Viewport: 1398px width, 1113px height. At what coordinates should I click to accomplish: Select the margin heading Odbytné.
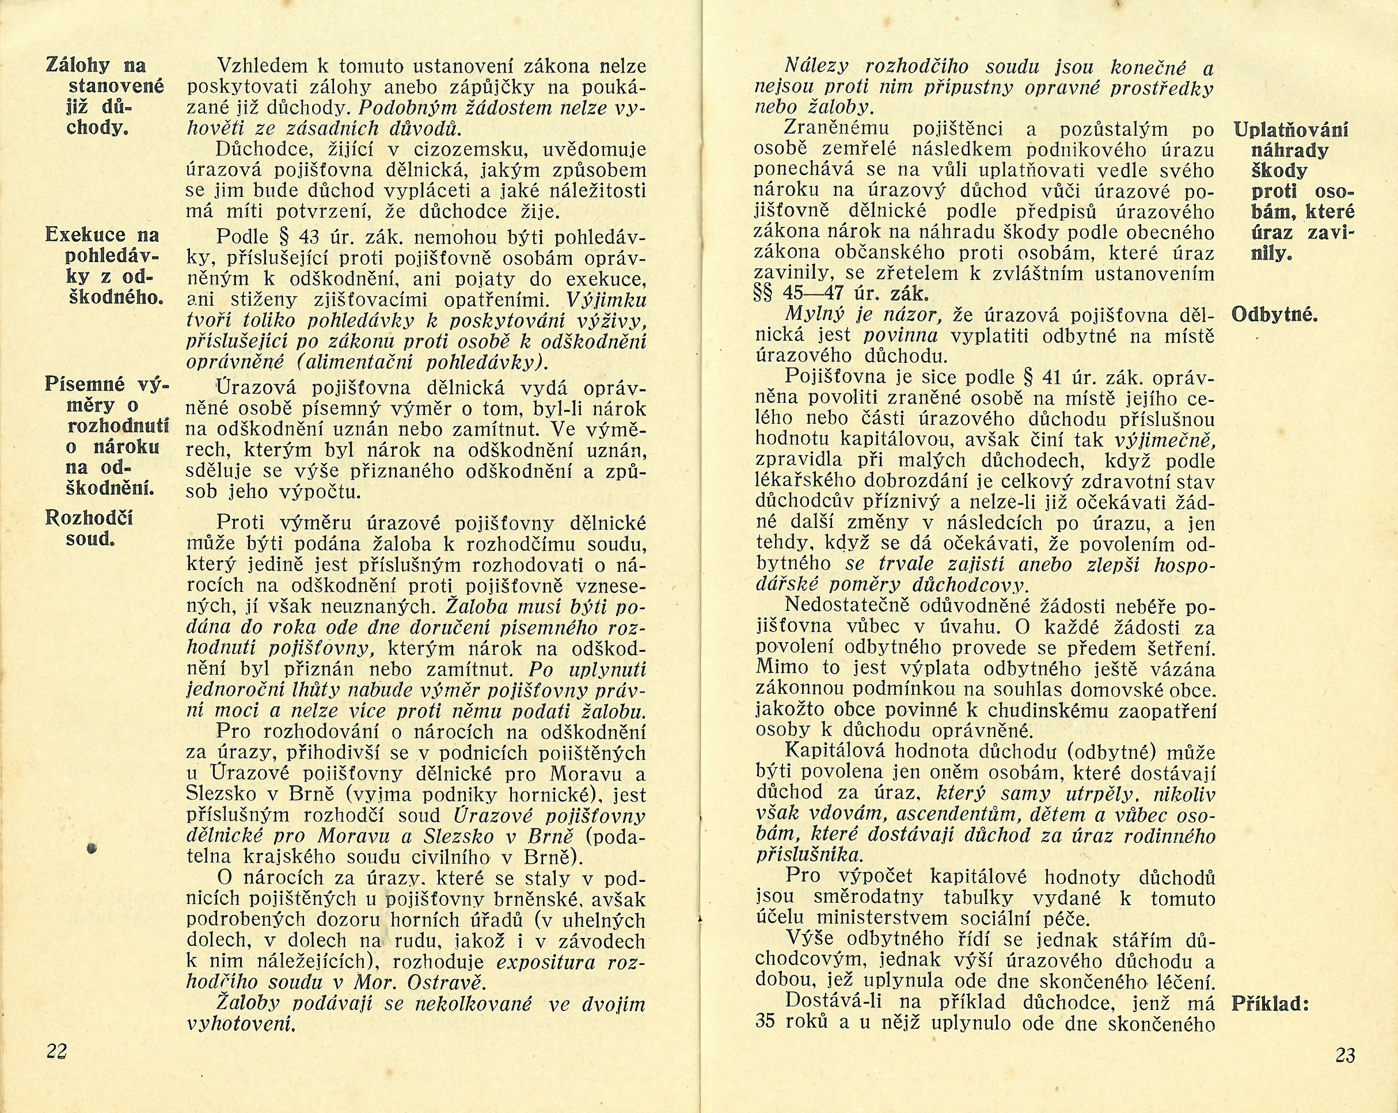pyautogui.click(x=1274, y=316)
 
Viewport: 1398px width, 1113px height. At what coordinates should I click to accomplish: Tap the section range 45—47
pyautogui.click(x=818, y=293)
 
